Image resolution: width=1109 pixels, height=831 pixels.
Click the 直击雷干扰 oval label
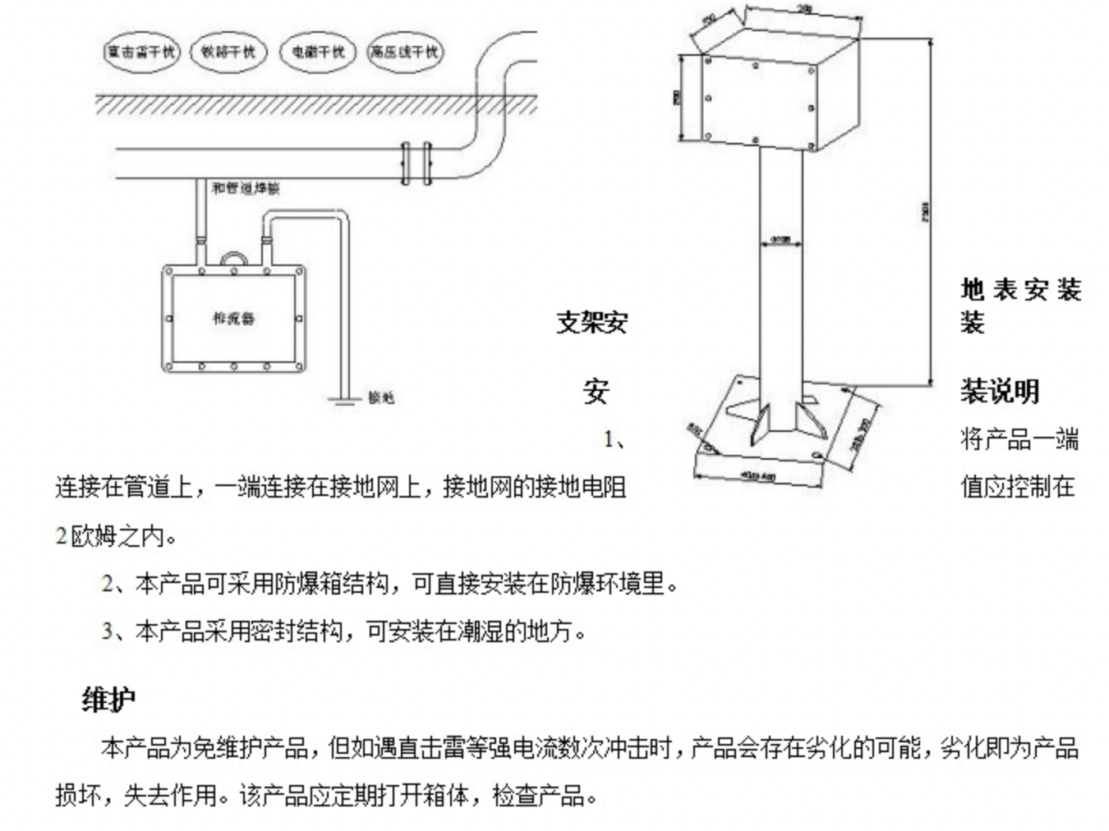click(x=140, y=52)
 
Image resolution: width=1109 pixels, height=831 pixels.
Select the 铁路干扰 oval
click(x=228, y=52)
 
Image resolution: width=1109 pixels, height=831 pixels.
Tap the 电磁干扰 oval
click(x=317, y=52)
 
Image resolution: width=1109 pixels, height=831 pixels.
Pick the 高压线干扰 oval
click(x=403, y=52)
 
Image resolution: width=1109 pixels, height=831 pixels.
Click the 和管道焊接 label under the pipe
click(x=245, y=188)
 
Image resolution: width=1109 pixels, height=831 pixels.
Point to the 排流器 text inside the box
click(x=233, y=318)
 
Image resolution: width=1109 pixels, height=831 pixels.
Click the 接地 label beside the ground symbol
click(x=380, y=397)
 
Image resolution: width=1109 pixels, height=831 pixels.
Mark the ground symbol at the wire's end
click(x=345, y=400)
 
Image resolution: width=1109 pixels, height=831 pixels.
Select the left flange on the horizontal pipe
click(x=404, y=163)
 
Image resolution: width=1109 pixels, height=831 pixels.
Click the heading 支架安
click(x=591, y=322)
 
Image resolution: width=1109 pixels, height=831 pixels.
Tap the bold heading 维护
click(x=108, y=700)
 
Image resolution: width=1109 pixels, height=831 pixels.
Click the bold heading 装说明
click(x=1000, y=391)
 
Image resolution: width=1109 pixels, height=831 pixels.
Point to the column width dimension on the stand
click(x=780, y=240)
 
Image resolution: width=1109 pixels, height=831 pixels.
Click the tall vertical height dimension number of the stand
click(x=926, y=212)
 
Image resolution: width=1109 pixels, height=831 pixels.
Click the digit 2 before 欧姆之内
click(x=61, y=536)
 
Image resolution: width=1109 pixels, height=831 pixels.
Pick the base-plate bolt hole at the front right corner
click(x=815, y=454)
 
